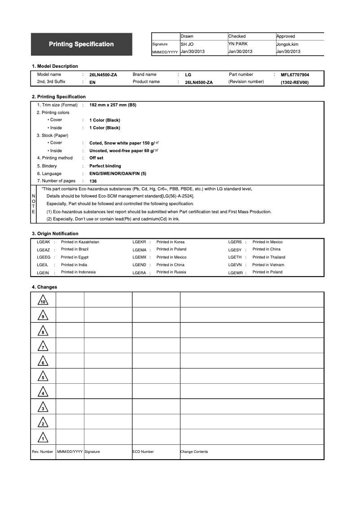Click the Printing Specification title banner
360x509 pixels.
[x=81, y=44]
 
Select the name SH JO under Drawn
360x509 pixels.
[x=187, y=44]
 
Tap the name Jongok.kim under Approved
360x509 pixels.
[x=287, y=44]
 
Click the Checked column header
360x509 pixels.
[x=237, y=36]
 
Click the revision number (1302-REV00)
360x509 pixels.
[x=295, y=83]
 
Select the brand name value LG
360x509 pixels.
[x=188, y=75]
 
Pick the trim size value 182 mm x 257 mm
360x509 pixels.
[x=113, y=105]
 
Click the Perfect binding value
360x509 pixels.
[x=105, y=166]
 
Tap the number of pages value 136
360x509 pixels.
[x=93, y=181]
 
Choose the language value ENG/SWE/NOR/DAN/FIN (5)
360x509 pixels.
[x=118, y=174]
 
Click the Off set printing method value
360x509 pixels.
[x=96, y=158]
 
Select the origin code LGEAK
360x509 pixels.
[x=43, y=242]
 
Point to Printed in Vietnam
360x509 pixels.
[x=268, y=265]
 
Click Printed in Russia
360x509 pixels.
[x=171, y=272]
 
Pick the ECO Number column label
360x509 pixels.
[x=143, y=452]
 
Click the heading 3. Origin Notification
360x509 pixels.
[x=55, y=233]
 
